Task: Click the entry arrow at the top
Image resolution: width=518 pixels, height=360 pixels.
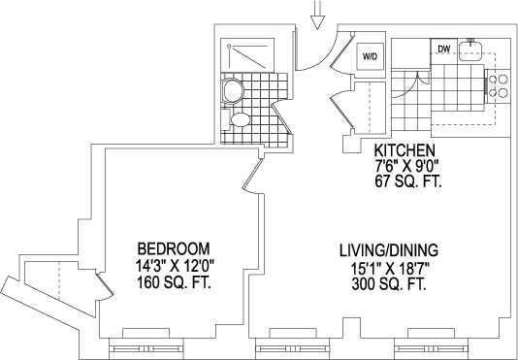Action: [x=317, y=15]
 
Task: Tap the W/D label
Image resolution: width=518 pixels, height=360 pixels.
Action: [x=370, y=57]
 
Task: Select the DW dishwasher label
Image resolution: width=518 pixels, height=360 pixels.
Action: [x=443, y=49]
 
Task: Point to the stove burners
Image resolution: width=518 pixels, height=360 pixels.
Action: [x=498, y=86]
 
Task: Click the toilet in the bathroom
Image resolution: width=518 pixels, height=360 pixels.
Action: [x=233, y=91]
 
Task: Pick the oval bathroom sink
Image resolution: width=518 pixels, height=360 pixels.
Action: [x=241, y=119]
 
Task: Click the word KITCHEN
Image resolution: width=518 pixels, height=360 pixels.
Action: [x=405, y=150]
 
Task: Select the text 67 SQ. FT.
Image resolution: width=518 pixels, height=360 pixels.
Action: [x=408, y=181]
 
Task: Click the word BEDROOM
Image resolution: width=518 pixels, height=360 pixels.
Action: [x=174, y=248]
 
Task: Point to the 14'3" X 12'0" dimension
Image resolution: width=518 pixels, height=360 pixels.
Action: [x=175, y=266]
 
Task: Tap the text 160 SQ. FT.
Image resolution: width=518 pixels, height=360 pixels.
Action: [x=174, y=283]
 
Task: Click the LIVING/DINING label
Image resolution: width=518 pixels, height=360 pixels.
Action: [x=389, y=250]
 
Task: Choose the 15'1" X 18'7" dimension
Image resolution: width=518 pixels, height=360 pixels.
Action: [x=390, y=268]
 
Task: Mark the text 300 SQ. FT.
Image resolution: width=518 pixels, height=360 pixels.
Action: [x=389, y=284]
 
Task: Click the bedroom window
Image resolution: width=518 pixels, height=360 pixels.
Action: [x=146, y=348]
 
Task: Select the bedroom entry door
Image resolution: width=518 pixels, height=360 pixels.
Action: [x=253, y=176]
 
